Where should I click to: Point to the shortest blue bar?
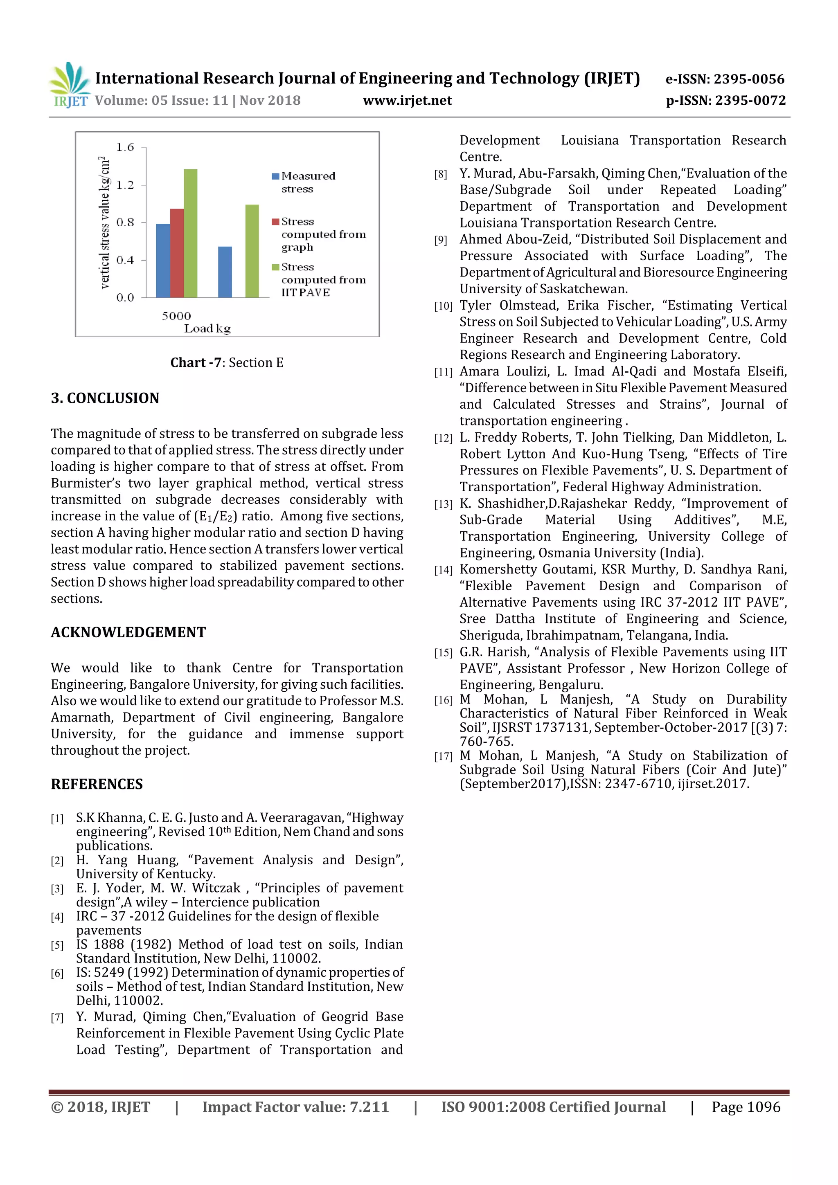[225, 272]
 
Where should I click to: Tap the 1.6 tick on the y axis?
[125, 148]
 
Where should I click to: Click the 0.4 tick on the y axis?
[125, 260]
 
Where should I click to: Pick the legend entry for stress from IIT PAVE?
[319, 280]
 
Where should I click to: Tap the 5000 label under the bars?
[176, 316]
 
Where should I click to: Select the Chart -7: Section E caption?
[227, 363]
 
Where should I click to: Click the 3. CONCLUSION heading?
[105, 398]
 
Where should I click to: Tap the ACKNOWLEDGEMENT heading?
[128, 632]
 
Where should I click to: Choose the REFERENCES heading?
[97, 784]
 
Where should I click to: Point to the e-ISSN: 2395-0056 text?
[724, 79]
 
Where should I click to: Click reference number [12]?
[443, 438]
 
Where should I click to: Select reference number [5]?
[57, 946]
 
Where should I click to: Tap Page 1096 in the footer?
[746, 1107]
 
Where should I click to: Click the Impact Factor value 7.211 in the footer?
[295, 1107]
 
